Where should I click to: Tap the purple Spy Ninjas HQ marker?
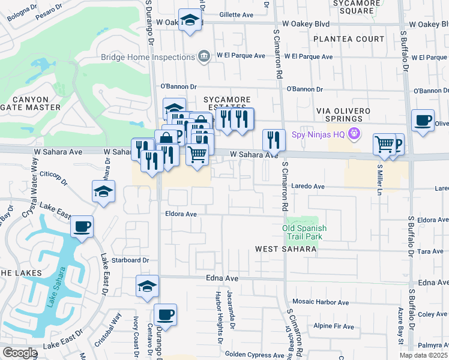pos(355,134)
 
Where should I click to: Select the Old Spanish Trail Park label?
pos(304,232)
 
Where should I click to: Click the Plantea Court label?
pos(349,39)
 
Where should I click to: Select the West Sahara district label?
pos(285,248)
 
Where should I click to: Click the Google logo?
pos(19,353)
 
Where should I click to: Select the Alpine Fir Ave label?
pos(334,326)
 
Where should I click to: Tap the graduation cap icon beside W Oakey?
pos(190,21)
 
